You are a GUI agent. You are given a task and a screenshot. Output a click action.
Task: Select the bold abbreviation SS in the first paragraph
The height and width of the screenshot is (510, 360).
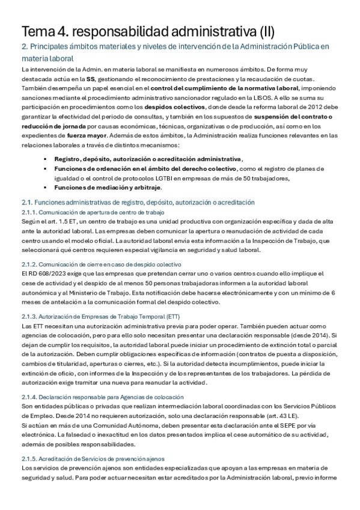pos(90,79)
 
